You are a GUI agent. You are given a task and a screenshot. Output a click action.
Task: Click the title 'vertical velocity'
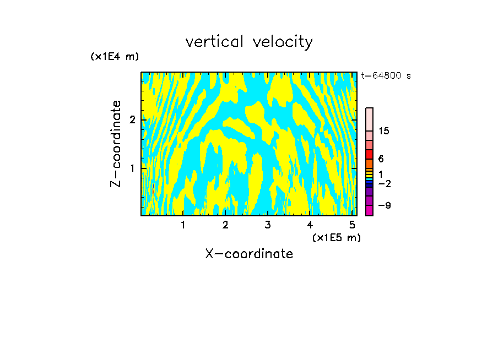(x=249, y=42)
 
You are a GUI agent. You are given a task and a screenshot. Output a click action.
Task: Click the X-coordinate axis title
(x=249, y=254)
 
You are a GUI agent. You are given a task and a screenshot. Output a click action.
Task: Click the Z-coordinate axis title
(x=116, y=144)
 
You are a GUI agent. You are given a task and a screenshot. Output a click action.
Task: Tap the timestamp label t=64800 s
(x=386, y=76)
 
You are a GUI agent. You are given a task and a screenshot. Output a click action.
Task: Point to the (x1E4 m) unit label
(x=115, y=57)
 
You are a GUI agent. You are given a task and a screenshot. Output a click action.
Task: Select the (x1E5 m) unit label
(x=336, y=237)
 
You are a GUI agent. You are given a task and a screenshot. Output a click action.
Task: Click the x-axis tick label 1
(x=183, y=225)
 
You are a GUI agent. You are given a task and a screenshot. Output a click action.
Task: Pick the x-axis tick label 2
(x=225, y=225)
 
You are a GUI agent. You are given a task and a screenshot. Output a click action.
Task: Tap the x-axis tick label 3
(x=268, y=225)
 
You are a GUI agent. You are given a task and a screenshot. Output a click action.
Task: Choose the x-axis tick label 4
(x=310, y=225)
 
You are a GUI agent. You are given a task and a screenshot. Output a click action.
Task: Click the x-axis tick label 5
(x=351, y=225)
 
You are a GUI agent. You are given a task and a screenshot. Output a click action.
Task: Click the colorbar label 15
(x=384, y=131)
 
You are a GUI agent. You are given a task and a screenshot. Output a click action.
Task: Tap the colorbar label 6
(x=381, y=159)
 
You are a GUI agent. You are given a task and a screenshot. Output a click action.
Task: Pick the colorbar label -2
(x=384, y=183)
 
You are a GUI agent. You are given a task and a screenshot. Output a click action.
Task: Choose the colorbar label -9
(x=384, y=205)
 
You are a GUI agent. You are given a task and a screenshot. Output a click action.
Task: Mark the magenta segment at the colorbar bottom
(x=370, y=210)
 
